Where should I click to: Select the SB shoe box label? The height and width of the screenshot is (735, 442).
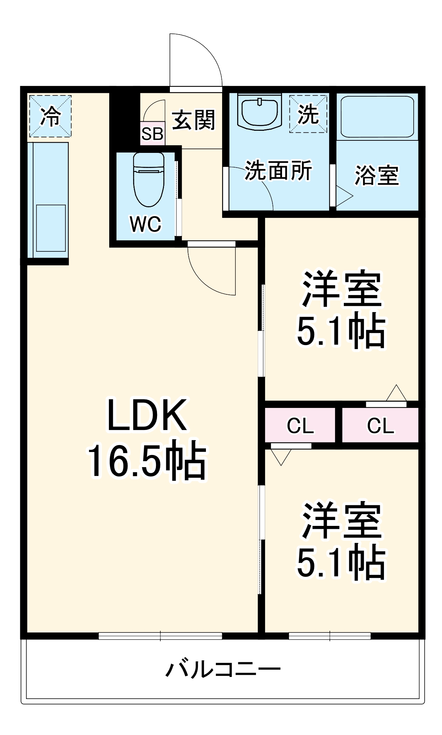pyautogui.click(x=152, y=134)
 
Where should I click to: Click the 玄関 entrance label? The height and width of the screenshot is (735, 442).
pyautogui.click(x=193, y=120)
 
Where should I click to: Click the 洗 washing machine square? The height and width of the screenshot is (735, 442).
pyautogui.click(x=308, y=114)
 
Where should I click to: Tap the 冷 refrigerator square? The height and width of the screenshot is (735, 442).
pyautogui.click(x=50, y=116)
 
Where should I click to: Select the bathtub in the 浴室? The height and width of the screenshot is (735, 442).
pyautogui.click(x=377, y=116)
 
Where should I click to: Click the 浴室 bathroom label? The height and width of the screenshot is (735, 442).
pyautogui.click(x=377, y=176)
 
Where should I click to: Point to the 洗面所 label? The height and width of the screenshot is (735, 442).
pyautogui.click(x=278, y=171)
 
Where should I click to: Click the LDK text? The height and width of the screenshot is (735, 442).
pyautogui.click(x=146, y=415)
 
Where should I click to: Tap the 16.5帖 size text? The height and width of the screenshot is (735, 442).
pyautogui.click(x=146, y=460)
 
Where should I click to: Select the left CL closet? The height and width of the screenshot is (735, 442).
pyautogui.click(x=300, y=426)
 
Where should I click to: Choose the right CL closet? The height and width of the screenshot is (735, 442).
pyautogui.click(x=380, y=426)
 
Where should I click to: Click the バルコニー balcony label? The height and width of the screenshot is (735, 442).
pyautogui.click(x=223, y=669)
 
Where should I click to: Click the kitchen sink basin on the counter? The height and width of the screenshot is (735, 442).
pyautogui.click(x=51, y=228)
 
